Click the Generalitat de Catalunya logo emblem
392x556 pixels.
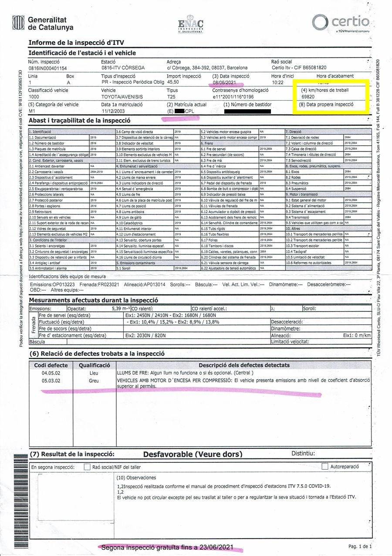18,23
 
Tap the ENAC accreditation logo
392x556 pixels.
191,24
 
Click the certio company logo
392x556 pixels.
341,22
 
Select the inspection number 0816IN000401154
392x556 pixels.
47,68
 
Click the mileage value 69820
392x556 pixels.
308,96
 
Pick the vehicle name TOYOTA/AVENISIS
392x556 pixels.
119,96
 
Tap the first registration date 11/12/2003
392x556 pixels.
113,111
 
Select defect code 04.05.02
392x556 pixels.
51,374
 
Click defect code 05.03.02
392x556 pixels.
51,381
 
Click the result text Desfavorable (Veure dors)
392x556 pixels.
192,454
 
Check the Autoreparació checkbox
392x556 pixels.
324,467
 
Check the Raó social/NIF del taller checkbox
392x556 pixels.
87,467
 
